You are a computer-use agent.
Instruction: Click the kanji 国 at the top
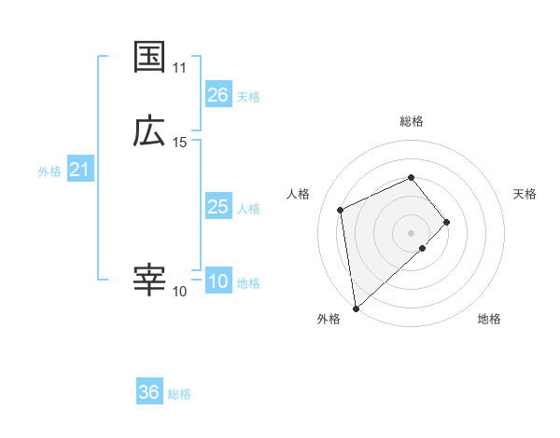[x=149, y=57]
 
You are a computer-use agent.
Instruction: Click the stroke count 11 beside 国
[x=180, y=68]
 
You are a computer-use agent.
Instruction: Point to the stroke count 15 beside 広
[x=180, y=143]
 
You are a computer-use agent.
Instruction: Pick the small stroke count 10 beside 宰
[x=180, y=292]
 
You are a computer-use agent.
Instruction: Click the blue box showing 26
[x=217, y=95]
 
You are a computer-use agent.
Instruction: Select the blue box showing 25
[x=217, y=207]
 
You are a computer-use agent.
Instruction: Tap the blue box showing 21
[x=79, y=170]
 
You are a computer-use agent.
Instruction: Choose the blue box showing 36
[x=148, y=392]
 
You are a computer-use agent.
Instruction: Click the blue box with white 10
[x=217, y=282]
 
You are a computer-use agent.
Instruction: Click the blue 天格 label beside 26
[x=248, y=96]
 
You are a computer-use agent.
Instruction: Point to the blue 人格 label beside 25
[x=248, y=208]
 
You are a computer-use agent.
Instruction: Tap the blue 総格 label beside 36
[x=179, y=394]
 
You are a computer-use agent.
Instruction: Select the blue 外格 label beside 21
[x=49, y=171]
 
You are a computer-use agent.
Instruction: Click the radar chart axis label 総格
[x=412, y=121]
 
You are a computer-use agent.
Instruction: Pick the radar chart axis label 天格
[x=525, y=194]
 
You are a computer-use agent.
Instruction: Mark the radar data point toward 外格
[x=355, y=308]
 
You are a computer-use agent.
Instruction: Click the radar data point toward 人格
[x=341, y=209]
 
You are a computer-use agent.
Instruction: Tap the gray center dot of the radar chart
[x=412, y=231]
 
